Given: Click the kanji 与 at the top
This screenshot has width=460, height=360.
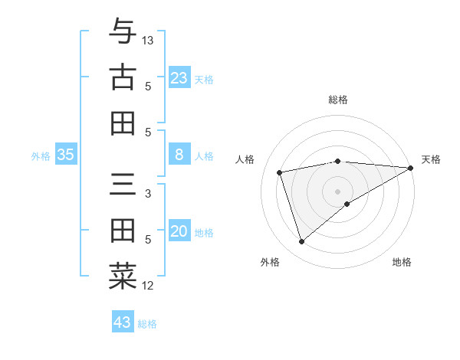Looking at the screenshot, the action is pos(123,32).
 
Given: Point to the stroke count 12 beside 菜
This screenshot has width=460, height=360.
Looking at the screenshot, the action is pos(148,286).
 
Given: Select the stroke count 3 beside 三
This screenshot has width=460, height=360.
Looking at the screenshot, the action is pos(148,194).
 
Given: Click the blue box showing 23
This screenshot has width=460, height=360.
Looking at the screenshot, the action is pos(179,77).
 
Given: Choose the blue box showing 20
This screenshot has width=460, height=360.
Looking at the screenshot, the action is pos(179,232).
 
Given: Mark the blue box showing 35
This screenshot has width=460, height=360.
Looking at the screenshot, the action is pos(65,155).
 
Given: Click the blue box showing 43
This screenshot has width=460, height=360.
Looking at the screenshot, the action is pos(122,322).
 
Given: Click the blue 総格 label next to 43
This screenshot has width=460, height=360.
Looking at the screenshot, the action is pos(147,324).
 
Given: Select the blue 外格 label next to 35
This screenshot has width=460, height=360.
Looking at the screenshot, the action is pos(41,156).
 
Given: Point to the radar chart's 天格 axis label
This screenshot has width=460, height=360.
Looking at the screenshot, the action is pos(431,159).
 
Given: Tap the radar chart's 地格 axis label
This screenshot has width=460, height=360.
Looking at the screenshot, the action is pos(402,262).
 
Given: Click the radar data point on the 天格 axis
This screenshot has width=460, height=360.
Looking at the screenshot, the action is pos(410,167).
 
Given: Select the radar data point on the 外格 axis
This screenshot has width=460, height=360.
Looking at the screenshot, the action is pos(301,242).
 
